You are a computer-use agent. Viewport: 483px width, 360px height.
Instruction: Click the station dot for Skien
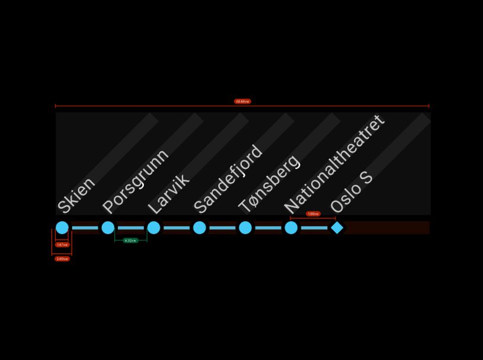click(62, 228)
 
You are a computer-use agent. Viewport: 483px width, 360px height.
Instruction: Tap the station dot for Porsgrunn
click(108, 228)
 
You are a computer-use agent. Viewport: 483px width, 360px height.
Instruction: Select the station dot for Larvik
click(153, 228)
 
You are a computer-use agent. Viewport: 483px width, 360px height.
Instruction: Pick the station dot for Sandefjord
click(200, 228)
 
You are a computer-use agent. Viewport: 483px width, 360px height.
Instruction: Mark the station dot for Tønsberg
click(245, 228)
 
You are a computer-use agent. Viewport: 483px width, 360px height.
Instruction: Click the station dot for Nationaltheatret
click(291, 228)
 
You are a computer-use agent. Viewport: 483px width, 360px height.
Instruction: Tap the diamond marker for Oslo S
click(337, 228)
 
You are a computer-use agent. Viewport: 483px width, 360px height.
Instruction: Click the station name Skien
click(76, 195)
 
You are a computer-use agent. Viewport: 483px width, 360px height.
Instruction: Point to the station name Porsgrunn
click(136, 181)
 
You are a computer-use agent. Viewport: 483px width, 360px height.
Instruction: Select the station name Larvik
click(168, 193)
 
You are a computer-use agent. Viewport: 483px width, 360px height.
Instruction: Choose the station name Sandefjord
click(228, 179)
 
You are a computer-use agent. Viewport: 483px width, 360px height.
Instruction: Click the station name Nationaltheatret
click(335, 164)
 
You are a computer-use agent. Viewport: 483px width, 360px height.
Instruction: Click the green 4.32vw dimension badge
click(130, 240)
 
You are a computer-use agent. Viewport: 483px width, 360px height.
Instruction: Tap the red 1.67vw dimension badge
click(62, 244)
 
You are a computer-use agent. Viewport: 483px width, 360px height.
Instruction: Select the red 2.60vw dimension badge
click(62, 259)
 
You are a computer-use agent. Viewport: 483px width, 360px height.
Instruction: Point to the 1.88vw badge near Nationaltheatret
click(313, 214)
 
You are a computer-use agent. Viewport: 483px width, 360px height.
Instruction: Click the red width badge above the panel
click(242, 101)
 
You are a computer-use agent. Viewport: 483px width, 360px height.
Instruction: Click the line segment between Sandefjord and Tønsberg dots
click(222, 228)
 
